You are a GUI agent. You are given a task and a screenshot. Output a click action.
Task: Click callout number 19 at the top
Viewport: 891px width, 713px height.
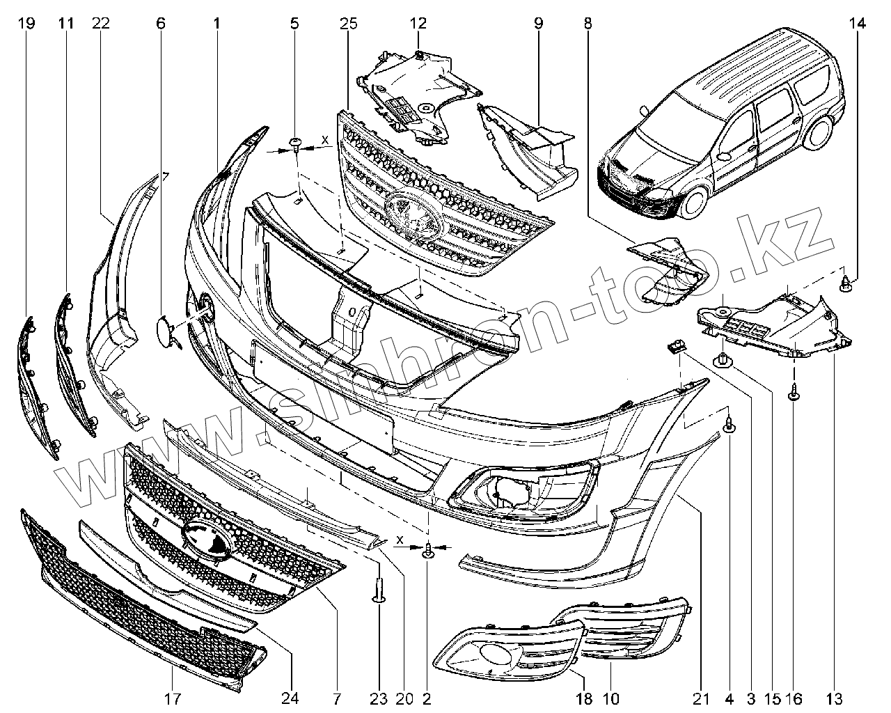[x=26, y=23]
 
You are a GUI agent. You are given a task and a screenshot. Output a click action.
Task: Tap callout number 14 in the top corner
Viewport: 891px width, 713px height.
[x=857, y=23]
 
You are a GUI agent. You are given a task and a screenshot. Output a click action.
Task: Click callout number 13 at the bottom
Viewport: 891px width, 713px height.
[x=834, y=698]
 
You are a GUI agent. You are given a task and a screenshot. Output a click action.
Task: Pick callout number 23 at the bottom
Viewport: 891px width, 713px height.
[x=379, y=698]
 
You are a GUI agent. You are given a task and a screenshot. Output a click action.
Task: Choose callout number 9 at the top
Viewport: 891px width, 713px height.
[x=538, y=23]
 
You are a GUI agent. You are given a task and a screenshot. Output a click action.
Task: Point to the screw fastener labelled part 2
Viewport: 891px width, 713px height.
[x=428, y=551]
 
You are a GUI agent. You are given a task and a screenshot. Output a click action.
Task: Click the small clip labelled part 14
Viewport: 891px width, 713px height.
[x=846, y=283]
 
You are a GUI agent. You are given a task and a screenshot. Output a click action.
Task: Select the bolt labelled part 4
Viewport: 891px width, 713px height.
[x=729, y=424]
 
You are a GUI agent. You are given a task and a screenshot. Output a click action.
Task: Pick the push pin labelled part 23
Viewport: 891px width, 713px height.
[x=379, y=590]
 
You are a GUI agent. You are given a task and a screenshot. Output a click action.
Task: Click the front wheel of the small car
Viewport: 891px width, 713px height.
[x=696, y=201]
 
